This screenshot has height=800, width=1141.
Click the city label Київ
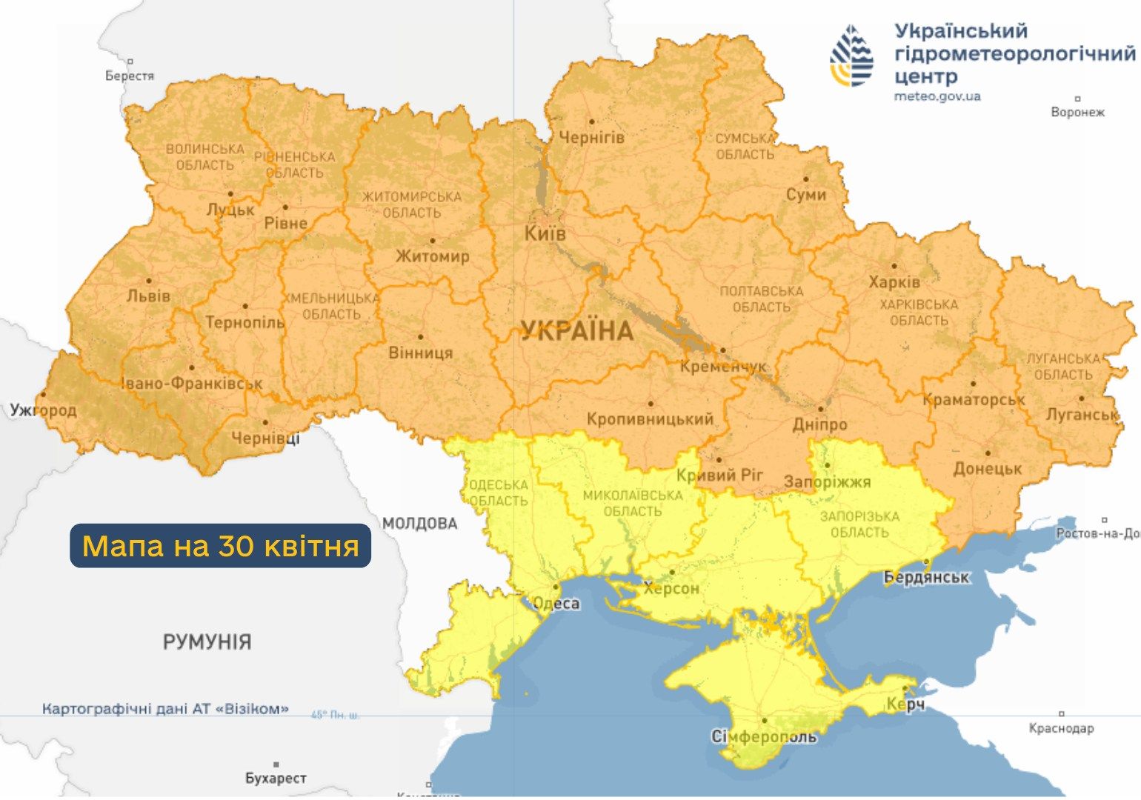(x=545, y=234)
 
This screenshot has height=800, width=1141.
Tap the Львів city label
(x=148, y=296)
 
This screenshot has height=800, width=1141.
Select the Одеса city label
(x=556, y=604)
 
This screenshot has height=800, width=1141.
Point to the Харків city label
(x=894, y=282)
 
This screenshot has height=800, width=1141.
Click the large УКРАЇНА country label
(x=576, y=331)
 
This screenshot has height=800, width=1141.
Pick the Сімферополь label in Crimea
(x=764, y=737)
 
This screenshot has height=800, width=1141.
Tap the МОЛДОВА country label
(x=420, y=524)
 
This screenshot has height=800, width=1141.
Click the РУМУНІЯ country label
(x=207, y=641)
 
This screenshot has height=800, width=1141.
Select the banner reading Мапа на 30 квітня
(x=220, y=546)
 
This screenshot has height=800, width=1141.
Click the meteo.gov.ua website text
(x=937, y=96)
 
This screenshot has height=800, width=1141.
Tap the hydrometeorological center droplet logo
(x=852, y=56)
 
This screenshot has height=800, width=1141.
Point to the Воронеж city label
(x=1077, y=112)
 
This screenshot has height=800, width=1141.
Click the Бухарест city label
(x=276, y=779)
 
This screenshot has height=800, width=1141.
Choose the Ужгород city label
(x=43, y=410)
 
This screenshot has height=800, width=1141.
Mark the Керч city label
(x=905, y=704)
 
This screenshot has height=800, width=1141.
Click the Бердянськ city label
(x=926, y=577)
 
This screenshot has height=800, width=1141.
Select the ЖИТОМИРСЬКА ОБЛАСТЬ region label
(x=412, y=204)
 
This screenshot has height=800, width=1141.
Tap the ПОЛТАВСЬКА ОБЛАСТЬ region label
(x=762, y=299)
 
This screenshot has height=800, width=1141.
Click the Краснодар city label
(x=1061, y=728)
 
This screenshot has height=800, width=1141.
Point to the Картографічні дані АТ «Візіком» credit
(x=165, y=709)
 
